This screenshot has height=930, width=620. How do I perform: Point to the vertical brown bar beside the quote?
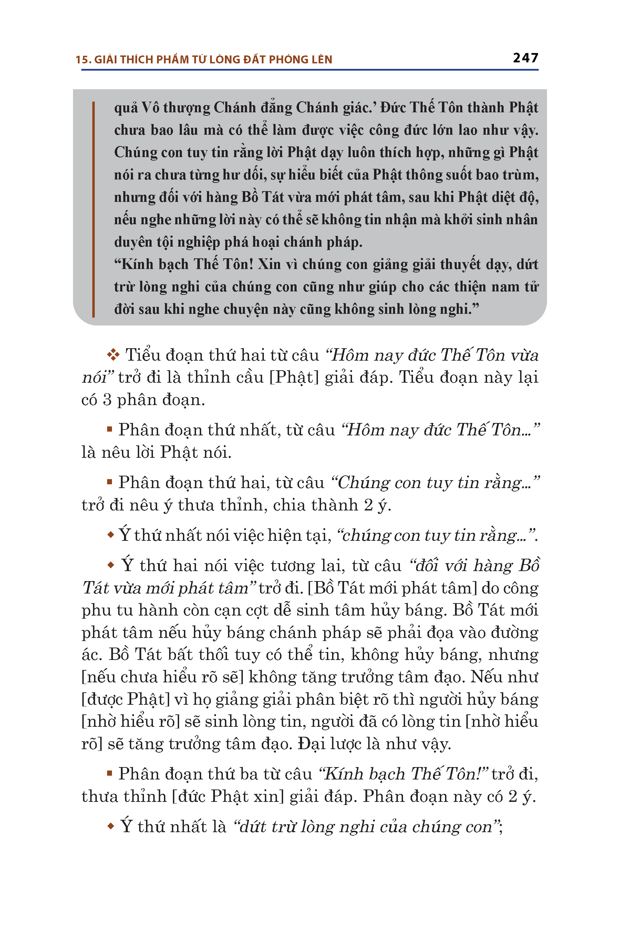click(93, 209)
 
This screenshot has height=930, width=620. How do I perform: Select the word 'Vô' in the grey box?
click(150, 107)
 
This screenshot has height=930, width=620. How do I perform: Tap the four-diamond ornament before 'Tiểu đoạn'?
click(113, 355)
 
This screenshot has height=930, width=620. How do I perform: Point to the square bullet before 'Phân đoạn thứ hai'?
click(110, 482)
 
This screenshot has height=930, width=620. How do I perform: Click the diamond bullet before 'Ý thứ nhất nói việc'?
click(110, 535)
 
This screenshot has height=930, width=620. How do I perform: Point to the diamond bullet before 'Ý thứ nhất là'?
click(111, 826)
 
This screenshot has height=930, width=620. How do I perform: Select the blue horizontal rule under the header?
click(310, 70)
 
